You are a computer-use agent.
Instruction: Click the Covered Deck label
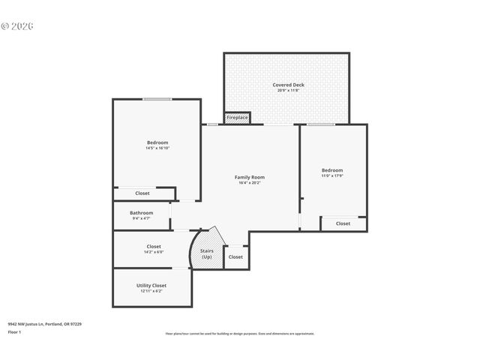288,85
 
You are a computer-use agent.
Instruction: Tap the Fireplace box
237,118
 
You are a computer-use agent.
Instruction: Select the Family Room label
250,177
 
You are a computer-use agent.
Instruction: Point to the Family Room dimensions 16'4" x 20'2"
250,182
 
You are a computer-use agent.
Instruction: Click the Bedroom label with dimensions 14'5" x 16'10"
157,142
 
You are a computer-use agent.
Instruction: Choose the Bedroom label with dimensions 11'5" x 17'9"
332,170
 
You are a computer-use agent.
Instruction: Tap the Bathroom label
141,212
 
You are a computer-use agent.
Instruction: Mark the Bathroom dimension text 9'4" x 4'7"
141,218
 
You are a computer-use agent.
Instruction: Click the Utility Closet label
151,285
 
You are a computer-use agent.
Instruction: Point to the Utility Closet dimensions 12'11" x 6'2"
151,291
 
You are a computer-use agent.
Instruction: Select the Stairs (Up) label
206,254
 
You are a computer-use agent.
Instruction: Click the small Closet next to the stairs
235,257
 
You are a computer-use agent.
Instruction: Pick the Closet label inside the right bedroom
343,223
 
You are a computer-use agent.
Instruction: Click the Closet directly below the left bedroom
142,193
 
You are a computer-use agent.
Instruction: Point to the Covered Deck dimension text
288,91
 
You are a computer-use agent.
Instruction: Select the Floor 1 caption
14,331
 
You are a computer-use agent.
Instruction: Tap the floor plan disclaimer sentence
239,334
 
